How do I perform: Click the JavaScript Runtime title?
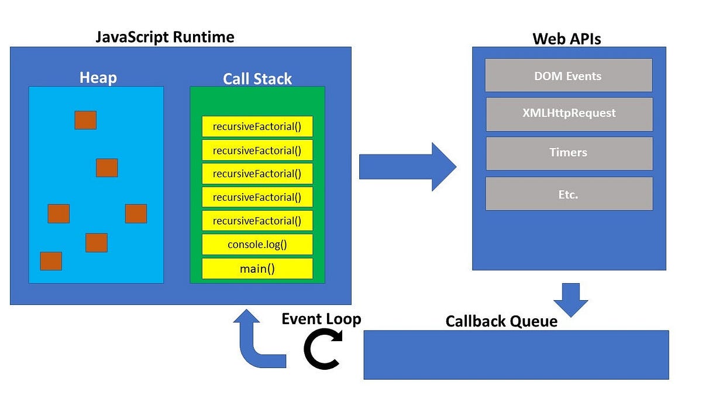click(164, 37)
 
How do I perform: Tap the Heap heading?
click(98, 78)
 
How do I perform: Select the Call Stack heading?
click(257, 79)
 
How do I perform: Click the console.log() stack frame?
click(257, 245)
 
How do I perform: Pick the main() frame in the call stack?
click(257, 269)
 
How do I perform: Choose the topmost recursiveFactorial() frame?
click(257, 126)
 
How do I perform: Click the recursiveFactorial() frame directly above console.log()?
click(257, 221)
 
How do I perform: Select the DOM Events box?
click(568, 75)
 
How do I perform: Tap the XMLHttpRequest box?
click(569, 114)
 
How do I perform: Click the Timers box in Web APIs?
click(569, 153)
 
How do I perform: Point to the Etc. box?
click(569, 194)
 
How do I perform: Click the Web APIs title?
click(566, 39)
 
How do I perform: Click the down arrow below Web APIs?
click(570, 298)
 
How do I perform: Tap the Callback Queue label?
click(501, 321)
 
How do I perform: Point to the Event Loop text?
click(321, 319)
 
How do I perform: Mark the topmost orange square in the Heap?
click(85, 120)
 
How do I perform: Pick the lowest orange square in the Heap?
click(51, 261)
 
